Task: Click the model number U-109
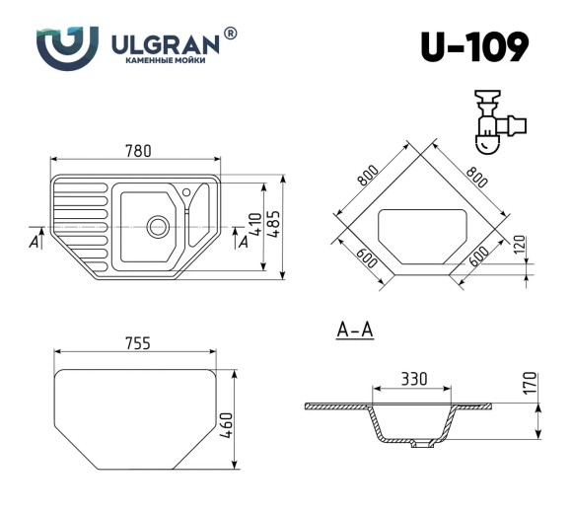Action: point(473,46)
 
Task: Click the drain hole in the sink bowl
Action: point(156,226)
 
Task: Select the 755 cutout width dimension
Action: point(137,343)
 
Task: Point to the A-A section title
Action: point(354,331)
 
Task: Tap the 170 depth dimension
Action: point(530,383)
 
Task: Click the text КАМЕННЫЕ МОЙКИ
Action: point(165,61)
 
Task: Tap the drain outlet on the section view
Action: point(422,446)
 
